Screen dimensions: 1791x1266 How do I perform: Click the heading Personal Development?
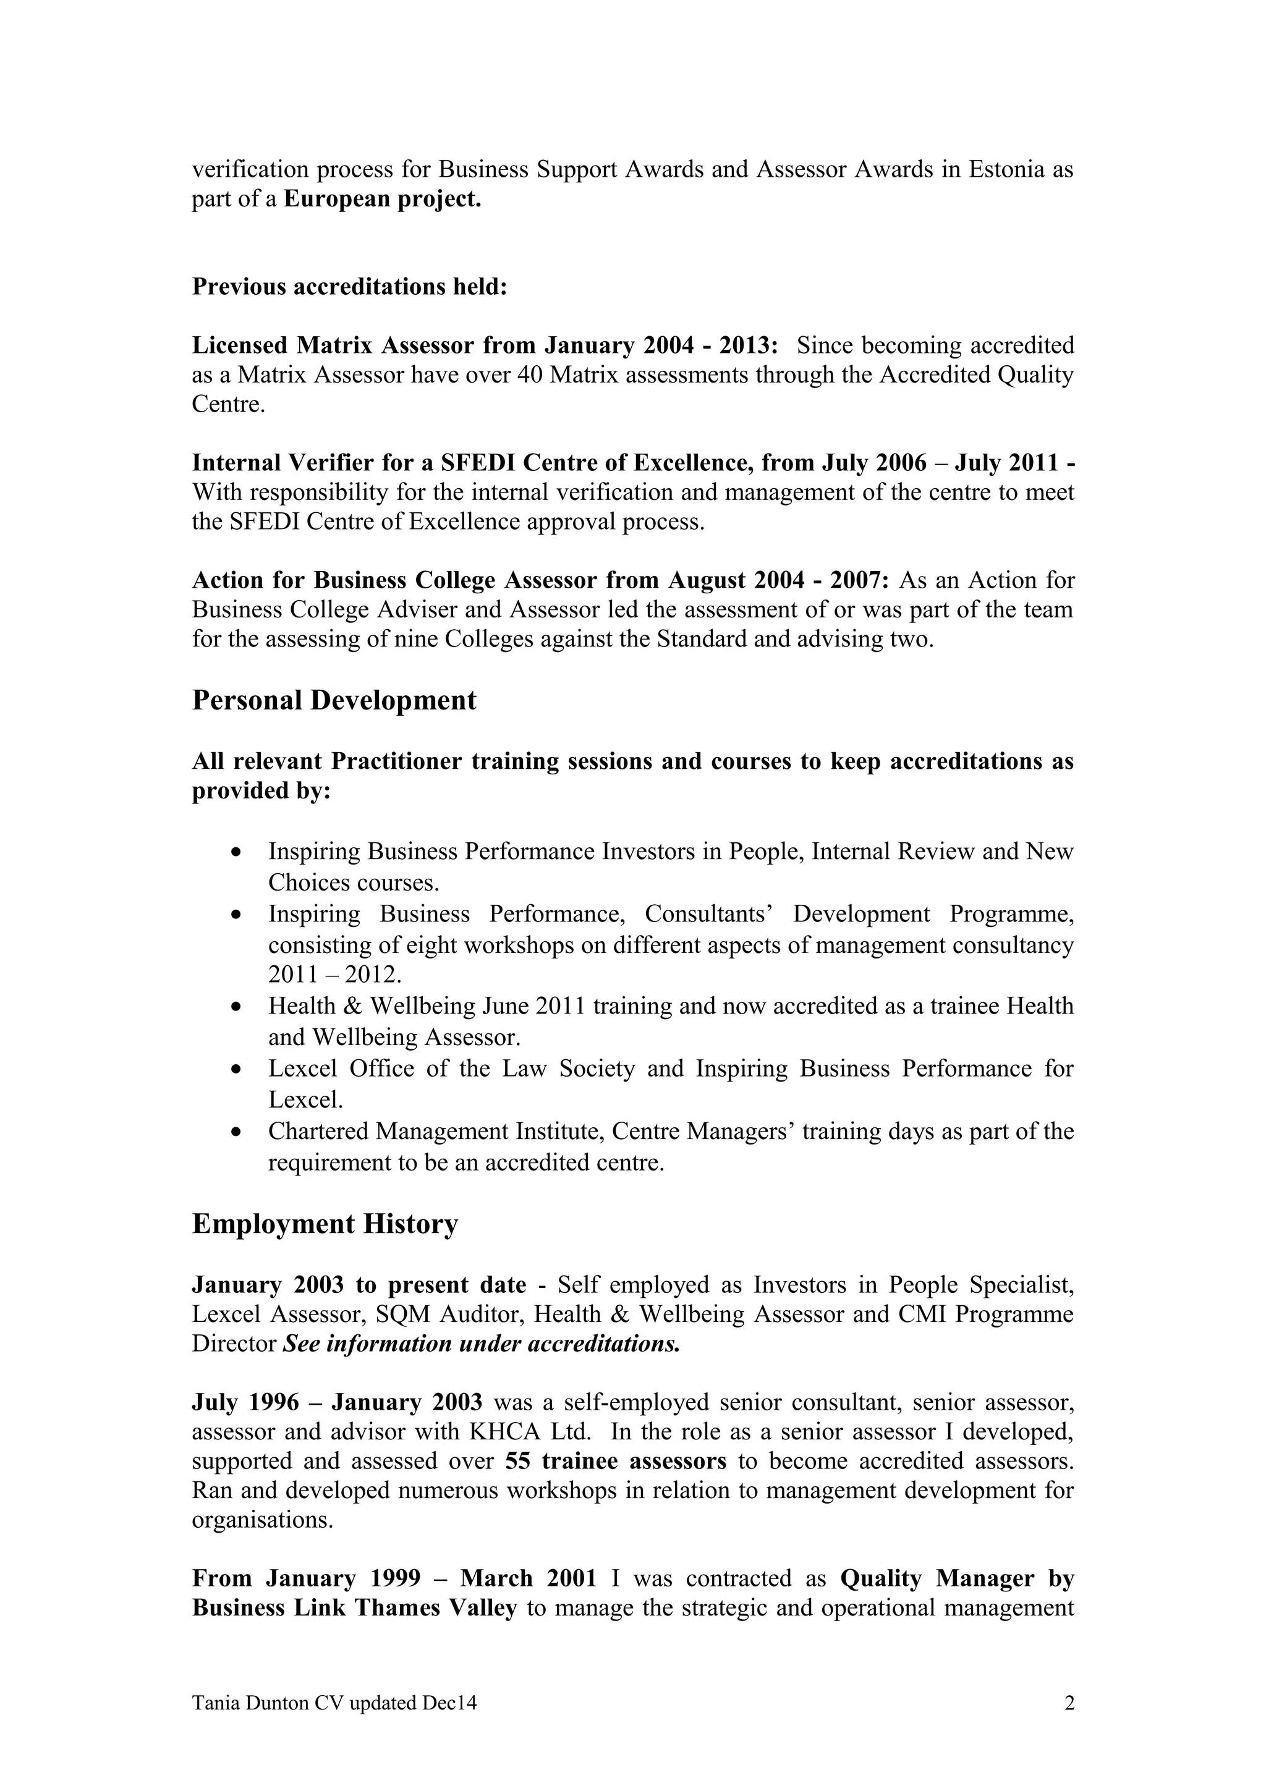[x=334, y=700]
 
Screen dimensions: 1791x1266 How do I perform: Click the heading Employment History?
[x=325, y=1224]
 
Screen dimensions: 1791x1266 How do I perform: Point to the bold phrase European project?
[x=382, y=199]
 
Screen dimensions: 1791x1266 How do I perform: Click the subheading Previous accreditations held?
[x=349, y=286]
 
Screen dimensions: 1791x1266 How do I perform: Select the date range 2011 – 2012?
[x=334, y=975]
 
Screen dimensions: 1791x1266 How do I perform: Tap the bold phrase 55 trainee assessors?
[x=616, y=1461]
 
